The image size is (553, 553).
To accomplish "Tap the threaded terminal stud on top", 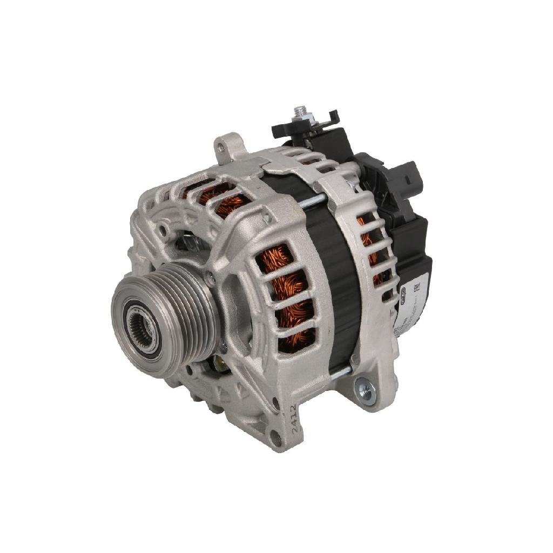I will (x=299, y=112).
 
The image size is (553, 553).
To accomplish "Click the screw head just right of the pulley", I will (x=211, y=279).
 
